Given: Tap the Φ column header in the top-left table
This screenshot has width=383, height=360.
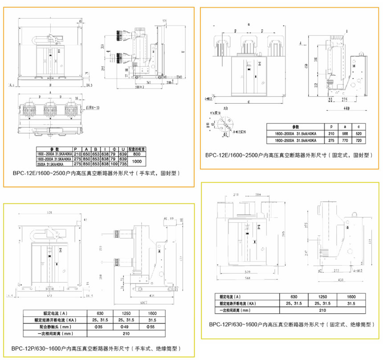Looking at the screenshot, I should [x=114, y=149].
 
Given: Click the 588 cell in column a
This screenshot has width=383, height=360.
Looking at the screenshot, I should [x=343, y=134].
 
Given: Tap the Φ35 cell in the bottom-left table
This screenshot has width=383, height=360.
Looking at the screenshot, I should [x=100, y=327].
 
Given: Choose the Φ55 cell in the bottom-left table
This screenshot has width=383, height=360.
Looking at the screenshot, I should [x=152, y=327].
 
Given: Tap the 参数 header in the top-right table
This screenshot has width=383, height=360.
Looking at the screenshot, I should [x=294, y=127].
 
